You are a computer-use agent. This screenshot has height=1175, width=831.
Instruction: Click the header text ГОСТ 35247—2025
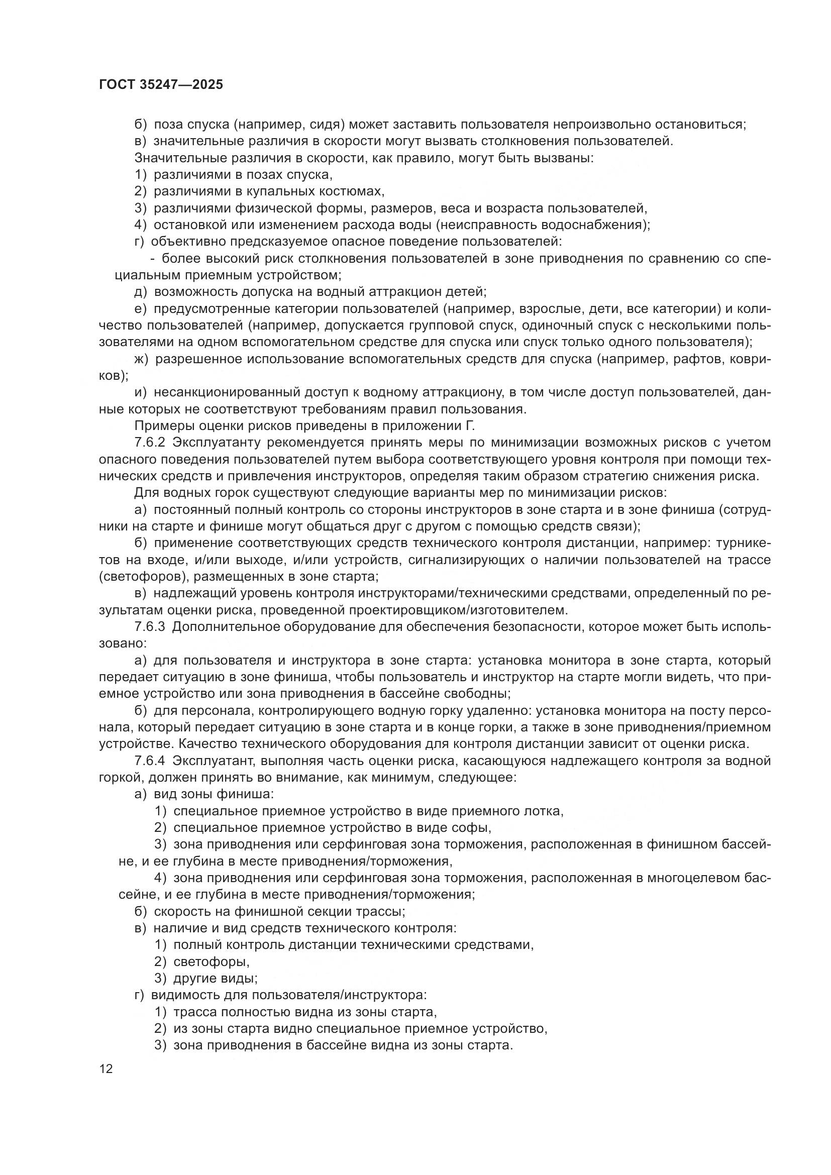click(x=161, y=84)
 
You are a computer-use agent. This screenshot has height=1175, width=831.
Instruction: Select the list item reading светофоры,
click(x=212, y=963)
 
